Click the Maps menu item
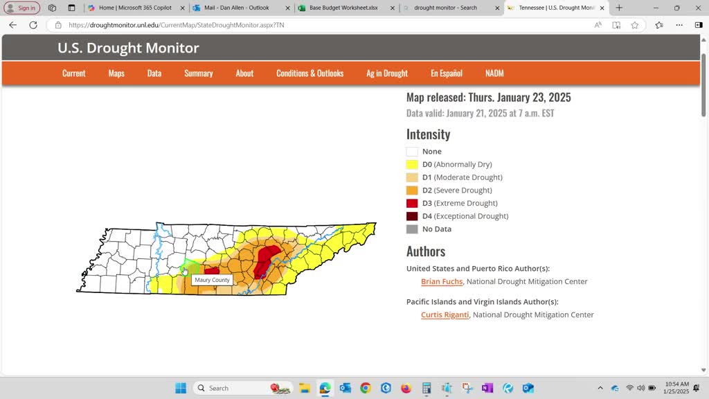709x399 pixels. [116, 73]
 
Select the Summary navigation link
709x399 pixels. [198, 73]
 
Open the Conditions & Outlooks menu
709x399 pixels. [309, 73]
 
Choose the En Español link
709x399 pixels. [446, 73]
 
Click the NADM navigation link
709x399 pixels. [494, 73]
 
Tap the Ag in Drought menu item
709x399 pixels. [387, 73]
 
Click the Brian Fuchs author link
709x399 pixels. [442, 282]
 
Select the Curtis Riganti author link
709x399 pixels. [445, 315]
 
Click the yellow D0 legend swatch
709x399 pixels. [412, 165]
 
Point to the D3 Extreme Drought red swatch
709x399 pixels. [412, 204]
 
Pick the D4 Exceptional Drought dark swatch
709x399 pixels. [412, 216]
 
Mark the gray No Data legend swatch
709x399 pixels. [412, 229]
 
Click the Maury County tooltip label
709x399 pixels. [212, 280]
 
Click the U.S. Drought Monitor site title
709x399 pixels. [128, 48]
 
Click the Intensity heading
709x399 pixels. [428, 134]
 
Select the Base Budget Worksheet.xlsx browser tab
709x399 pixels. [343, 8]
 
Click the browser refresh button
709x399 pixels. [33, 25]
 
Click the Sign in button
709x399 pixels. [21, 8]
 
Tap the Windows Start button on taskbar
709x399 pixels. [181, 388]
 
